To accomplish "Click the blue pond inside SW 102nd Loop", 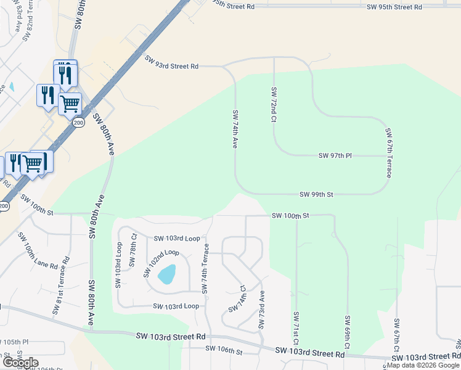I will tap(167, 274).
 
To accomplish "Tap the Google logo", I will tap(20, 363).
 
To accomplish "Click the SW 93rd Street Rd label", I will tap(172, 62).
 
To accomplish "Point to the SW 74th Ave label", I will tap(235, 128).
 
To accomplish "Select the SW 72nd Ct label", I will tap(274, 104).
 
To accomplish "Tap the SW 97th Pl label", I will tap(335, 155).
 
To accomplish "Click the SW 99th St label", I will tap(316, 194).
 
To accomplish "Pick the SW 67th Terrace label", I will tap(389, 152).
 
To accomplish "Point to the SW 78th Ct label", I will tap(133, 249).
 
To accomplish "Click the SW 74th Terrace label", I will tap(206, 268).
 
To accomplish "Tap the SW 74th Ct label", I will tap(237, 298).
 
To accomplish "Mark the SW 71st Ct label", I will tap(296, 328).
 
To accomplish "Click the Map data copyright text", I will tap(423, 365).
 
